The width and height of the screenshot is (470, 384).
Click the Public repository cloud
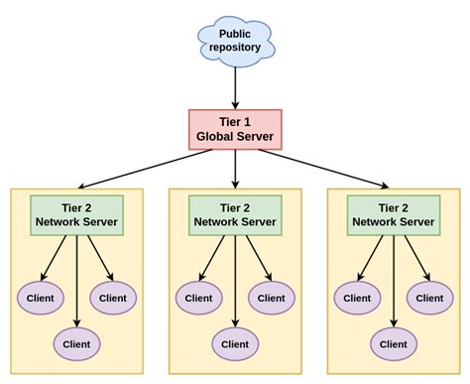[x=235, y=41]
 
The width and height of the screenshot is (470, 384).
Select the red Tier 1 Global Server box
[x=235, y=129]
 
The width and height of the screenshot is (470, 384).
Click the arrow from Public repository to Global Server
[x=235, y=87]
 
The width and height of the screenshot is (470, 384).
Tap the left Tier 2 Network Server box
[x=76, y=215]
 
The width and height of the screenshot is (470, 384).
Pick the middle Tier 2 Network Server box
[x=235, y=215]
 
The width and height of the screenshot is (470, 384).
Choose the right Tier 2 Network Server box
[x=394, y=215]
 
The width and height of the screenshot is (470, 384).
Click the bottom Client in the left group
[x=76, y=344]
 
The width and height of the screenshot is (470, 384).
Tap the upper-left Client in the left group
[x=41, y=297]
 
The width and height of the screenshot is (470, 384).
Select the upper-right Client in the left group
[x=113, y=297]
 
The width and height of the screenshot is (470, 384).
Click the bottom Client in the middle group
[x=235, y=344]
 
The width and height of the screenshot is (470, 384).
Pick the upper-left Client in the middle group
[x=199, y=297]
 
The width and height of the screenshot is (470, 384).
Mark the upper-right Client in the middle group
[x=272, y=297]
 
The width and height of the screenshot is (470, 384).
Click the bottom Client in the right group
[x=394, y=344]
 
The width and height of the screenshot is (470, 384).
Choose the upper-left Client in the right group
[x=358, y=297]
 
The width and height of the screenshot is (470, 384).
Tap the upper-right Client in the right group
[x=430, y=297]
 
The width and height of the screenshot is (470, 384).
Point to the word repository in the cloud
[x=235, y=49]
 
